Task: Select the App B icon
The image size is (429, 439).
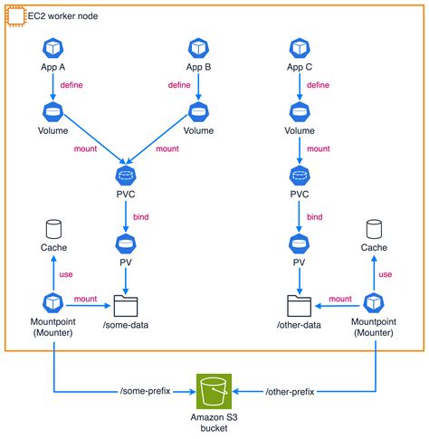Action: tap(197, 48)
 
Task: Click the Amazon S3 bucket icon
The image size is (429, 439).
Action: tap(214, 390)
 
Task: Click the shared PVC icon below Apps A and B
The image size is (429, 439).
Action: tap(124, 173)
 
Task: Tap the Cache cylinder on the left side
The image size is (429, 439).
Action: tap(52, 228)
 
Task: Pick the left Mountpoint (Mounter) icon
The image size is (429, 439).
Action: tap(52, 302)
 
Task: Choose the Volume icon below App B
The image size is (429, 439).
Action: tap(197, 111)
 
